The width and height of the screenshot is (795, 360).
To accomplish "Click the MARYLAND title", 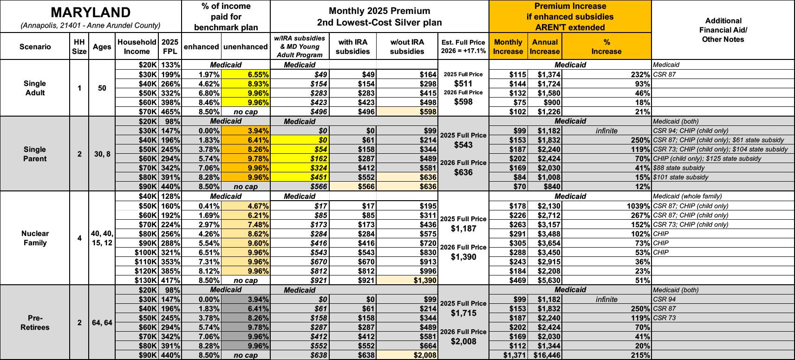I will [x=91, y=13].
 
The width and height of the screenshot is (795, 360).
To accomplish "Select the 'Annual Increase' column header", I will [x=545, y=46].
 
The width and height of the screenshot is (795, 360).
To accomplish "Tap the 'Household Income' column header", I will [x=137, y=46].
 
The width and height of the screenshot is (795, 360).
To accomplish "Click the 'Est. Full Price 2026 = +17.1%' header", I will [x=463, y=46].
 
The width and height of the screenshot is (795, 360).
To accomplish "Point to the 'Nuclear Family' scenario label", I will [x=35, y=238].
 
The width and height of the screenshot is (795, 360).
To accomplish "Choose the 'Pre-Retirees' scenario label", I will [x=35, y=322].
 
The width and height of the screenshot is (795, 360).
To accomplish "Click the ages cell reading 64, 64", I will [x=102, y=322].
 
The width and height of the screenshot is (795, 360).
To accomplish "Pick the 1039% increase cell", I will [x=639, y=206].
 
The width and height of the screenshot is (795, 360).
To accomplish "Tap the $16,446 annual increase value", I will [x=545, y=355].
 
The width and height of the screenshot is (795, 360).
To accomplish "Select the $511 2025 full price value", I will [x=463, y=84].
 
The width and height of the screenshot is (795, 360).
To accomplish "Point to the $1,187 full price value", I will [x=463, y=229].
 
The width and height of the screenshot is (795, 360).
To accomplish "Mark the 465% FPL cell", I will [x=170, y=111].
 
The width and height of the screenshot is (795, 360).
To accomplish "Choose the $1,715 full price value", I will [x=463, y=313].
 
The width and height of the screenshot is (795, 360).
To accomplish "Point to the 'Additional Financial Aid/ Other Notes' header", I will [x=723, y=30].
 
